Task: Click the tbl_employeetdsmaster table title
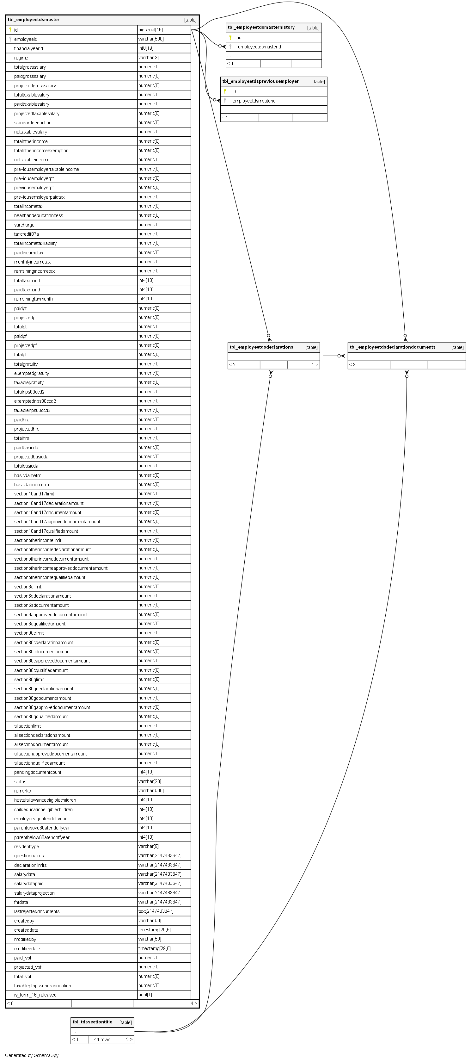pyautogui.click(x=34, y=20)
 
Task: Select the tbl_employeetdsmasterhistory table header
pyautogui.click(x=261, y=28)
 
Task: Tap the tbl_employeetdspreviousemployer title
pyautogui.click(x=260, y=82)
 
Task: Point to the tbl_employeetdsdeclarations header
pyautogui.click(x=261, y=347)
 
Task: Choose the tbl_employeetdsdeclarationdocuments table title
pyautogui.click(x=392, y=347)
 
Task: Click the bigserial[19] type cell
pyautogui.click(x=151, y=30)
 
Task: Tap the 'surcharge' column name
pyautogui.click(x=24, y=225)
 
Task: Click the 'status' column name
pyautogui.click(x=20, y=782)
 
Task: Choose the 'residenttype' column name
pyautogui.click(x=26, y=846)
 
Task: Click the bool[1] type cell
pyautogui.click(x=145, y=995)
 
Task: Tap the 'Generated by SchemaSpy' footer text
pyautogui.click(x=32, y=1055)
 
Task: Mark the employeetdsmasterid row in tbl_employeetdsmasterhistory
pyautogui.click(x=259, y=47)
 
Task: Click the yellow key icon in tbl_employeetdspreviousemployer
pyautogui.click(x=225, y=91)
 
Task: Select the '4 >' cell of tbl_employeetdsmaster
pyautogui.click(x=194, y=1003)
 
